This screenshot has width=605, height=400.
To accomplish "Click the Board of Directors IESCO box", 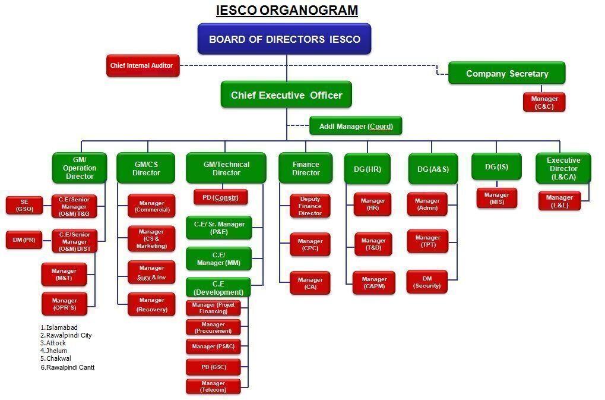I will (284, 39).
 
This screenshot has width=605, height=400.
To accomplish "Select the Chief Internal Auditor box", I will (142, 65).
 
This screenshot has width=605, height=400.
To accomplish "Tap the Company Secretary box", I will (506, 74).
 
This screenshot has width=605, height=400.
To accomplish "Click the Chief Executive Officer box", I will (286, 95).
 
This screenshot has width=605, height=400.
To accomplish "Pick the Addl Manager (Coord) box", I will (355, 126).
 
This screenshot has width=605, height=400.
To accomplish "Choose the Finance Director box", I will (306, 168).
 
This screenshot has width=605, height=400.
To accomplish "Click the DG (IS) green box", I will (496, 167).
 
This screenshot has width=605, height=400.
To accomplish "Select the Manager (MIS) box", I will (496, 198).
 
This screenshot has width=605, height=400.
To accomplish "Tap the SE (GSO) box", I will (25, 205).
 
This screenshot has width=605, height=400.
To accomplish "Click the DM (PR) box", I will (25, 240).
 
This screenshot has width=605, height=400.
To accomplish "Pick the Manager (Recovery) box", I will (151, 304).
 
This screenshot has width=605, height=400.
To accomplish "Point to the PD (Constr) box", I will (220, 197).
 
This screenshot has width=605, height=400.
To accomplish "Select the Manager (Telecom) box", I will (213, 387).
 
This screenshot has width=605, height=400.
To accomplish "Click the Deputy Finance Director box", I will (310, 206).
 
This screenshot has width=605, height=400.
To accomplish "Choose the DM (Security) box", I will (427, 282).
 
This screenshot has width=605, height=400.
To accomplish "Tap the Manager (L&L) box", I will (559, 201).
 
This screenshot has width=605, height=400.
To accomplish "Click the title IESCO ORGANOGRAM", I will (287, 10).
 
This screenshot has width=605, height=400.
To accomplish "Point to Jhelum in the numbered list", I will (56, 351).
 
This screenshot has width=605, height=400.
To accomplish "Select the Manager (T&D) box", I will (373, 244).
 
